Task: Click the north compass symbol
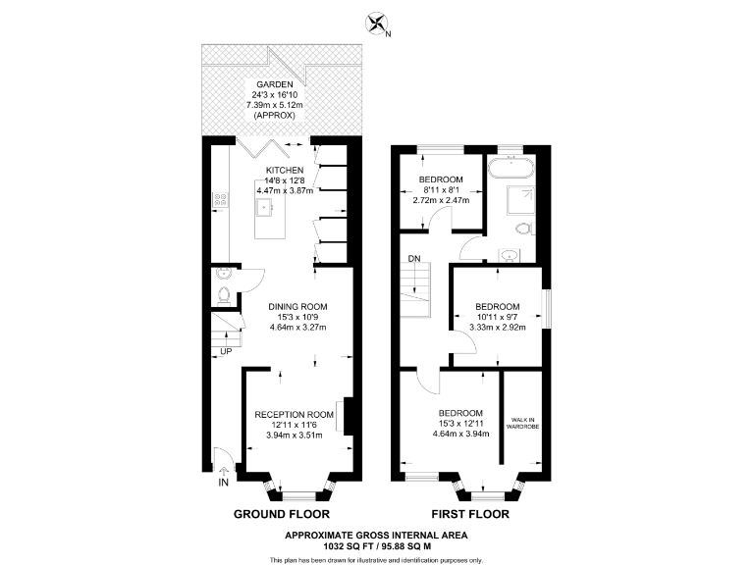[x=375, y=22]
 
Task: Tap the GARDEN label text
[x=276, y=85]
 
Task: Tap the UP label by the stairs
[x=227, y=350]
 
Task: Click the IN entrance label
[x=224, y=483]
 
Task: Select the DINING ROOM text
[x=297, y=306]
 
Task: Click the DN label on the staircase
[x=413, y=259]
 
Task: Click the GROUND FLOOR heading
[x=281, y=513]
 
